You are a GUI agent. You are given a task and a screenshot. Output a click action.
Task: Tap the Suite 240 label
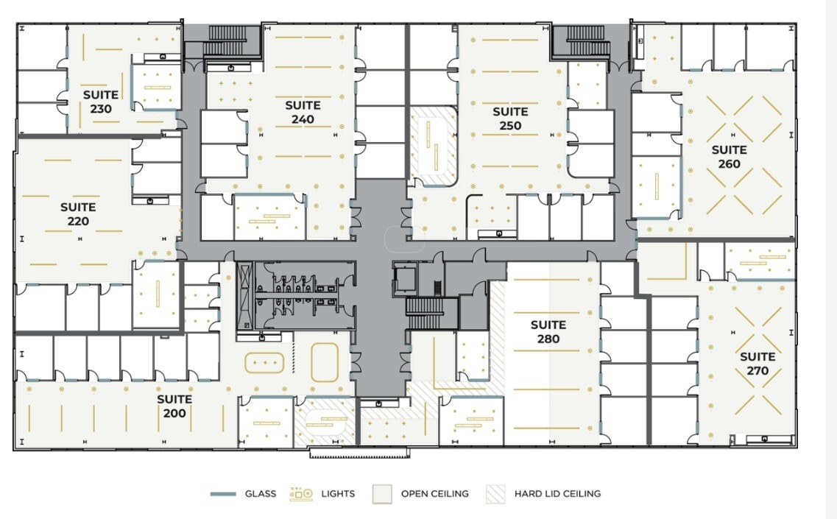[303, 112]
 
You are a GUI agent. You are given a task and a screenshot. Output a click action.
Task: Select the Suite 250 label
[510, 119]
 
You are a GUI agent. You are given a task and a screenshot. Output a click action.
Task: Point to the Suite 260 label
[729, 156]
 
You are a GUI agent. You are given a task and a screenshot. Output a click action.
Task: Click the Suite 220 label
[78, 214]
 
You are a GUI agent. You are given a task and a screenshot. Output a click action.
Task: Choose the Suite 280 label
[548, 331]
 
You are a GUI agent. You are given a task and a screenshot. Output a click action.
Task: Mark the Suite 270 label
[757, 364]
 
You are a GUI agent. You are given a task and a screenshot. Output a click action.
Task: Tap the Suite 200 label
[174, 406]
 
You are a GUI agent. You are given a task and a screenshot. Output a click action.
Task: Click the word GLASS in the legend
[261, 493]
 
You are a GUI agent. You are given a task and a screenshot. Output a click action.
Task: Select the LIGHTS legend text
[338, 493]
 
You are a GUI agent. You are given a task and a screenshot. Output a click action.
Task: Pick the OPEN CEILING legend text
[434, 493]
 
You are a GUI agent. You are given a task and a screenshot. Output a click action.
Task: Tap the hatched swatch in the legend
[495, 493]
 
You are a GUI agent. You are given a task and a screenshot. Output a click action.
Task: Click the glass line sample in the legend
[222, 494]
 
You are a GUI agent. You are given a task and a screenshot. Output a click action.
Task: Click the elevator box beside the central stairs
[404, 279]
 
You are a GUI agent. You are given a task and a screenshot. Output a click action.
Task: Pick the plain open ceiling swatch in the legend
[382, 493]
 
